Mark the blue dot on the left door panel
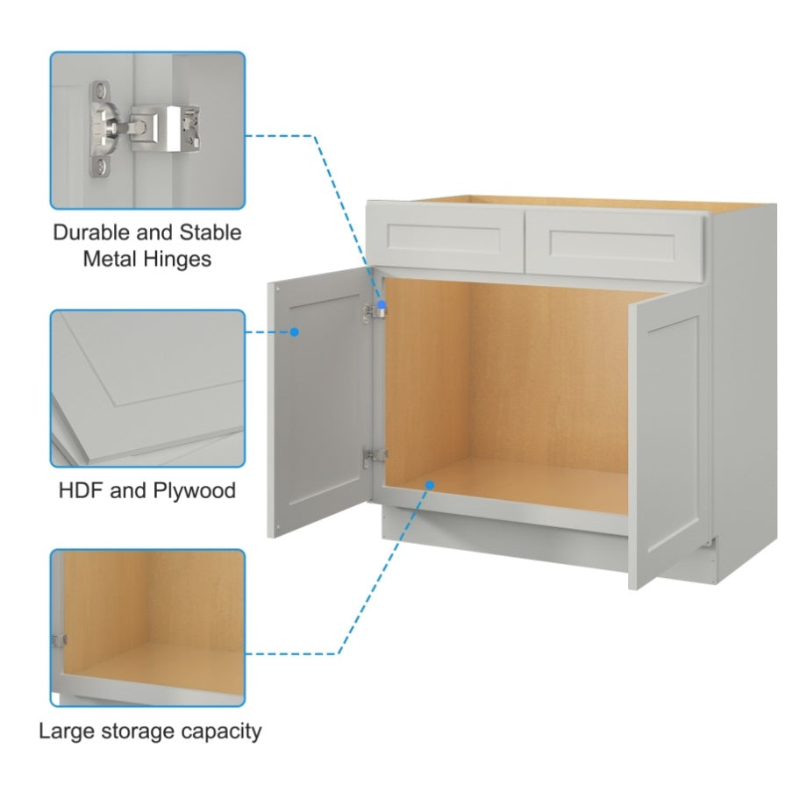[295, 332]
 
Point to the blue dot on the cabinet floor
[430, 483]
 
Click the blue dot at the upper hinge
[382, 304]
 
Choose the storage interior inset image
[147, 627]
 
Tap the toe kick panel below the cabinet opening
[504, 536]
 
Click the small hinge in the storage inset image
[58, 641]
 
